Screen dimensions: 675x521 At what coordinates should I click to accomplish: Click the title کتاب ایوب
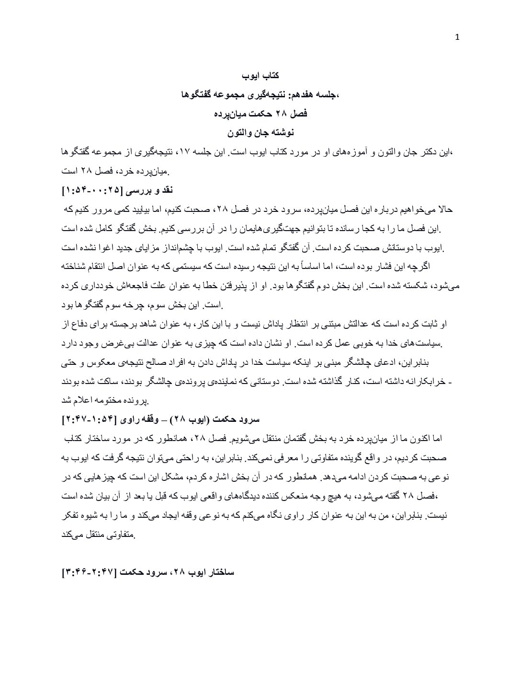[260, 76]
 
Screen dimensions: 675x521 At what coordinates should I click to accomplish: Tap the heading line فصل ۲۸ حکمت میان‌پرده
[260, 114]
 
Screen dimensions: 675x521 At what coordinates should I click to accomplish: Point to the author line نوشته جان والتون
[260, 132]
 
